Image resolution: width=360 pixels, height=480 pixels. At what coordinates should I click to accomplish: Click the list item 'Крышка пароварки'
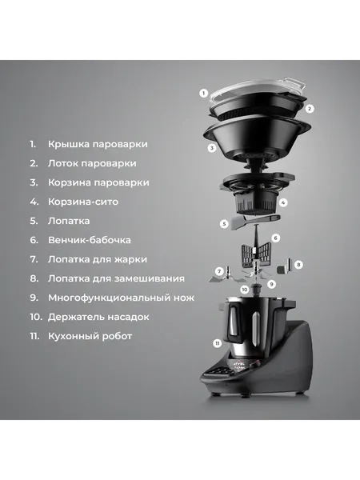(98, 144)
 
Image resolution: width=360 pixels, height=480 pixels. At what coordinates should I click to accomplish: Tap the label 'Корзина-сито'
(84, 202)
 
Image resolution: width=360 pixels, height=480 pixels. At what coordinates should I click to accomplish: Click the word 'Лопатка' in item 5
(70, 221)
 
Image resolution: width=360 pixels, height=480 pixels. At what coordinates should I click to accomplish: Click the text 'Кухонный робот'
(90, 336)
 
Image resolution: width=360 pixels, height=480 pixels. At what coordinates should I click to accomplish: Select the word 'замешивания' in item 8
(149, 278)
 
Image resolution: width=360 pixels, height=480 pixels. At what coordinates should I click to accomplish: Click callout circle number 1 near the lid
(204, 94)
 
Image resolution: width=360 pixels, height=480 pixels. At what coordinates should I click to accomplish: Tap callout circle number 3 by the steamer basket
(211, 148)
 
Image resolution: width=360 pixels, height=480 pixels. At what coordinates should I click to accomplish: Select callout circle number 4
(283, 202)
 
